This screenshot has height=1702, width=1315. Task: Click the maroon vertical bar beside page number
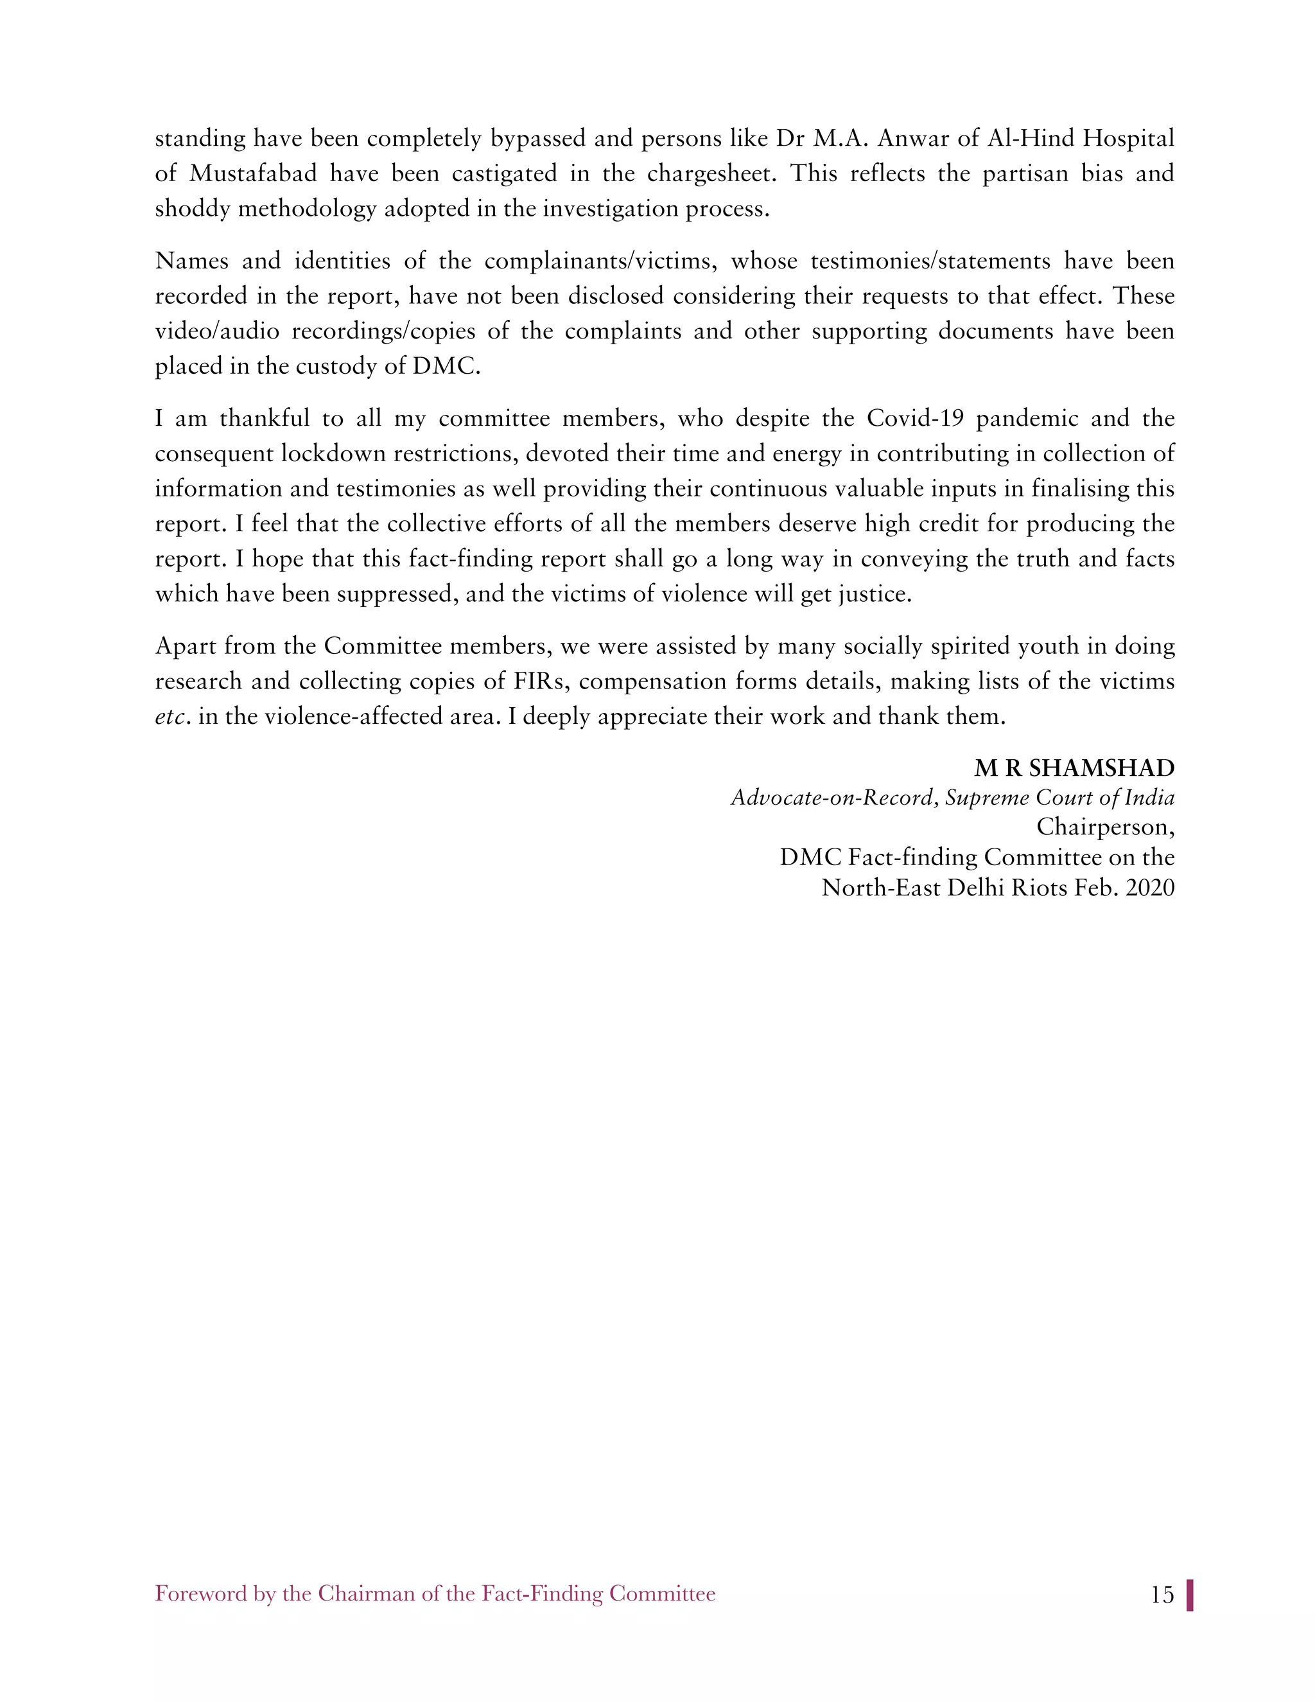1190,1595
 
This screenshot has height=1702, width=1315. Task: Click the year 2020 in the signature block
1150,888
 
